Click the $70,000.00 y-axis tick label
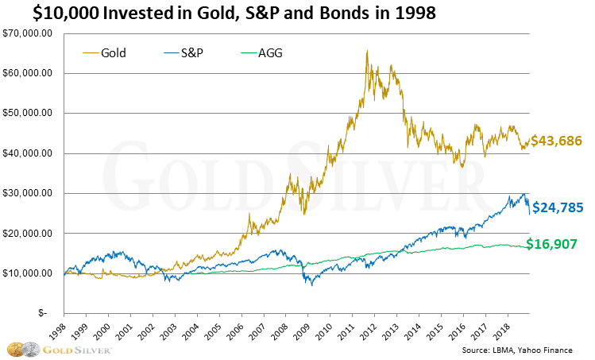[x=29, y=33]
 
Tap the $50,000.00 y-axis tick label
[x=29, y=113]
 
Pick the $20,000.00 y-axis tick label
[x=29, y=234]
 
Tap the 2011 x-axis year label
[x=365, y=327]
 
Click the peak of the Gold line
[x=366, y=52]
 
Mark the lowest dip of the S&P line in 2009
[x=311, y=285]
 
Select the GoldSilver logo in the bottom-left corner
[x=60, y=349]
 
